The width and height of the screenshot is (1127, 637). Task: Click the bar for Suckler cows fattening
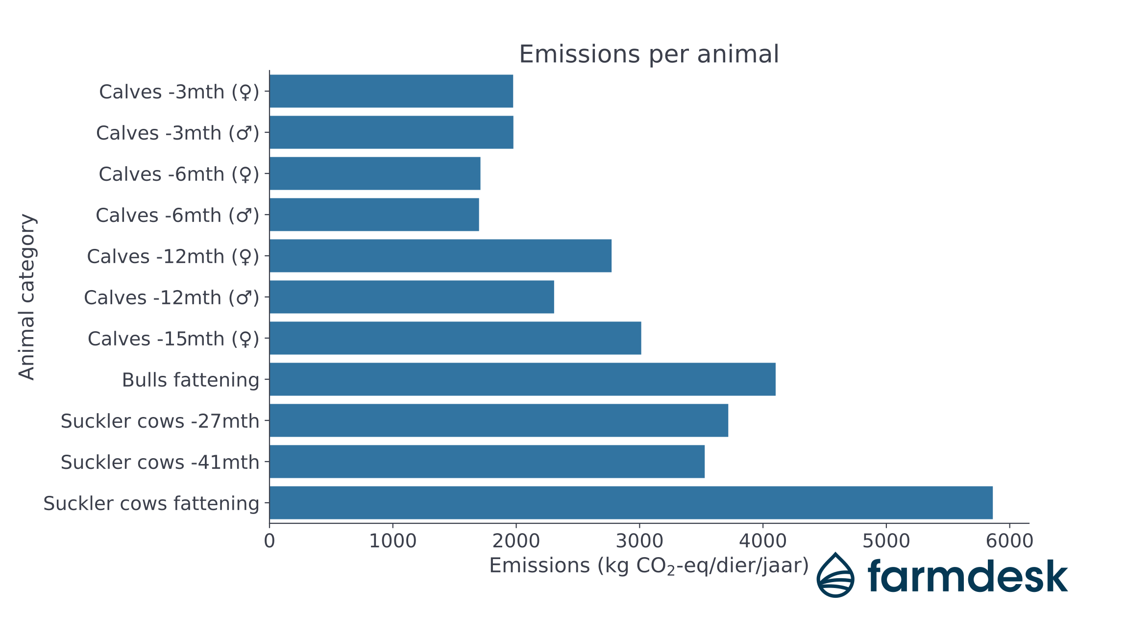click(x=631, y=503)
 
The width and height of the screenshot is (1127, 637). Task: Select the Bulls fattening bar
click(x=522, y=379)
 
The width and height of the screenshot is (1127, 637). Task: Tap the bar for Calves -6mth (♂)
click(x=374, y=215)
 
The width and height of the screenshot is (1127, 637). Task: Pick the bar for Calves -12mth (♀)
click(x=440, y=256)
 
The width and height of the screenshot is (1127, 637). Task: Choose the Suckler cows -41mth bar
click(x=487, y=462)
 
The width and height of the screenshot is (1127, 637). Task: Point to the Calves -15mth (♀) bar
click(x=455, y=338)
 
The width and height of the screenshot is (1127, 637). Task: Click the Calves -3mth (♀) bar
click(x=391, y=91)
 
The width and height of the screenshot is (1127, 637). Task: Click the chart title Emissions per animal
click(x=648, y=54)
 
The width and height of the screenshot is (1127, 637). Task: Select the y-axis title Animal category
click(x=27, y=296)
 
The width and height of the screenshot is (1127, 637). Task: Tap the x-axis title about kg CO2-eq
click(x=648, y=566)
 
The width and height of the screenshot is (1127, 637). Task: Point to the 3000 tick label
click(x=639, y=541)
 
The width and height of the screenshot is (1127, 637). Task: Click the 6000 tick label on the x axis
click(x=1009, y=541)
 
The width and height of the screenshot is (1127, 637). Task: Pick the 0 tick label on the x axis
click(x=269, y=541)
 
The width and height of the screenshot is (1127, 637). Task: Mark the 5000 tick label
click(x=886, y=541)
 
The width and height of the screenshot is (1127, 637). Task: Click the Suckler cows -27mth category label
click(x=160, y=421)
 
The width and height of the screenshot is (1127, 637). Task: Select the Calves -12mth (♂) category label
click(x=171, y=297)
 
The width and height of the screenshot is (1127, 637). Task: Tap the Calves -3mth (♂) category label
click(x=177, y=133)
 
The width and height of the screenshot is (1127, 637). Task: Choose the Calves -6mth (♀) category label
click(x=178, y=174)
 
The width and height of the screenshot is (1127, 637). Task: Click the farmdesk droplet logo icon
click(x=835, y=576)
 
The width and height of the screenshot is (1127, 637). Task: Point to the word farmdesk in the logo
click(x=967, y=576)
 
